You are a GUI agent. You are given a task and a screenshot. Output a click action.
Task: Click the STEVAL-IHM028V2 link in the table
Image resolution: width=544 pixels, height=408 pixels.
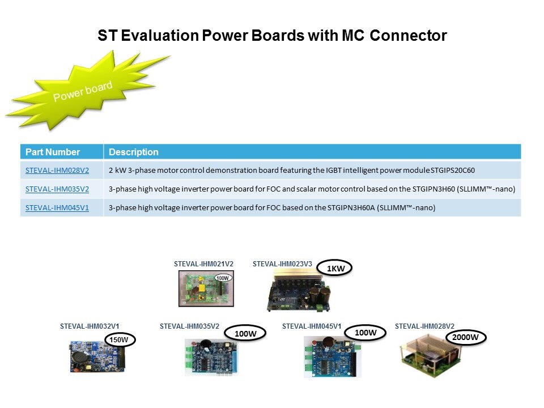[57, 171]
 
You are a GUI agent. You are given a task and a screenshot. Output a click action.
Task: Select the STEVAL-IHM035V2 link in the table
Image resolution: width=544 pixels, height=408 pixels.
[57, 189]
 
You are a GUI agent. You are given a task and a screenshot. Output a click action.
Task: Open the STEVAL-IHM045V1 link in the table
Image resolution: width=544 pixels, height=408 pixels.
[57, 208]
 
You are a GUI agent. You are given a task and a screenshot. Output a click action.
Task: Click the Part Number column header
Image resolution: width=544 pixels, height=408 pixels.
[53, 152]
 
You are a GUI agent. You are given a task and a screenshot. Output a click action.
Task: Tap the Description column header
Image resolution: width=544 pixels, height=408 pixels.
[134, 152]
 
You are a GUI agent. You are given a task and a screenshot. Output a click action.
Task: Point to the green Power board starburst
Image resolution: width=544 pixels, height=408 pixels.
[83, 91]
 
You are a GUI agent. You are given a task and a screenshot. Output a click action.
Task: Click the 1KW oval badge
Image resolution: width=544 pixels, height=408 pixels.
[335, 268]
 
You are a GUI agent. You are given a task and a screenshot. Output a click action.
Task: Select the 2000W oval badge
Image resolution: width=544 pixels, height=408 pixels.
[465, 337]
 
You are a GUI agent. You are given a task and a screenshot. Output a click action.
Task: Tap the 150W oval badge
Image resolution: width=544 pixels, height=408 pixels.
[119, 339]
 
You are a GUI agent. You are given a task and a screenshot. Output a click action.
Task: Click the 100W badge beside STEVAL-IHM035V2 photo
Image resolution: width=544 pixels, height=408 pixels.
[245, 333]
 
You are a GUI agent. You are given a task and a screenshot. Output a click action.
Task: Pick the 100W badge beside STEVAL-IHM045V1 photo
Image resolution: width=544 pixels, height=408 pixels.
[365, 333]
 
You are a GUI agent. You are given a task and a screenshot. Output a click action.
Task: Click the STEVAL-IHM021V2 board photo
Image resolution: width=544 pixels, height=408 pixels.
[206, 288]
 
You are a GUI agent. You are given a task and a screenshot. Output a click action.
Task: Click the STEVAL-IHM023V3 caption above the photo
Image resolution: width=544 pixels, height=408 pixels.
[282, 264]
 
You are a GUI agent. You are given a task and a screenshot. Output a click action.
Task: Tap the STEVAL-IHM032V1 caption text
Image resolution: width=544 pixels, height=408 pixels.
[90, 326]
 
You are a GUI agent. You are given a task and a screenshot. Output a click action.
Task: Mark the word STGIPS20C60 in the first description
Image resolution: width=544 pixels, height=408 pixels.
[452, 171]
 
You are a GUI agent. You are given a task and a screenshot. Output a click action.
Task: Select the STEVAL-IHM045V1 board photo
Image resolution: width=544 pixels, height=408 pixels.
[333, 356]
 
